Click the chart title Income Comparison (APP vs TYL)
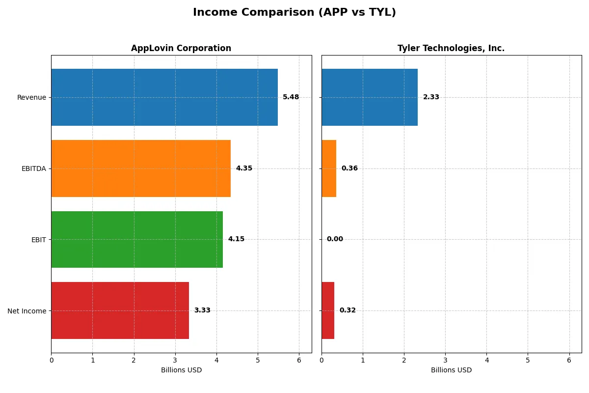[x=294, y=13]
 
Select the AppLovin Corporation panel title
[x=181, y=48]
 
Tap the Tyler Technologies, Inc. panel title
[x=451, y=48]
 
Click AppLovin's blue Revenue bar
[x=164, y=97]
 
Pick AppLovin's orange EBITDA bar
[x=141, y=168]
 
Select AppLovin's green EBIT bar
[x=137, y=239]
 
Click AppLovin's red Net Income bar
[x=120, y=310]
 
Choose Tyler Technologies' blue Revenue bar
[x=370, y=97]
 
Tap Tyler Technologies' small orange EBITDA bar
[x=329, y=168]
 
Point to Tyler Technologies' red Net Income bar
[x=328, y=310]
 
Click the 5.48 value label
[x=291, y=97]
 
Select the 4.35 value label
[x=244, y=168]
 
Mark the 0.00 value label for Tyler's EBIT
[x=335, y=239]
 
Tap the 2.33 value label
[x=431, y=97]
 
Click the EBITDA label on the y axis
[x=33, y=168]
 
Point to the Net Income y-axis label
[x=27, y=310]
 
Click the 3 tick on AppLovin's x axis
[x=175, y=360]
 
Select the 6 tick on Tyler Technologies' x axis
[x=569, y=360]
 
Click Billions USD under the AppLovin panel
[x=181, y=370]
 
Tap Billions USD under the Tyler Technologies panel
[x=451, y=370]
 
